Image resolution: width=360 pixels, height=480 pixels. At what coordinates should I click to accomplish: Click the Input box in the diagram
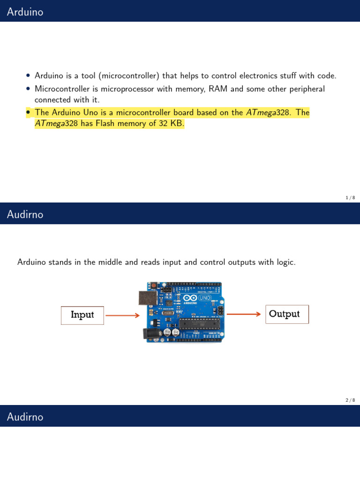[82, 315]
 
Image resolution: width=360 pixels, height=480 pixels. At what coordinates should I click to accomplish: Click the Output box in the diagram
[287, 314]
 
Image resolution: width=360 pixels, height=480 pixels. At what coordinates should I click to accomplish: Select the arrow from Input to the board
[122, 315]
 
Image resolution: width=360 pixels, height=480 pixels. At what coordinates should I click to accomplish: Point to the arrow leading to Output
[243, 315]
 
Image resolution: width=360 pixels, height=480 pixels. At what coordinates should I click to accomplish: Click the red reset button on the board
[153, 285]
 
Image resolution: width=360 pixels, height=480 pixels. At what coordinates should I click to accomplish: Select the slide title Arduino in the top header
[25, 12]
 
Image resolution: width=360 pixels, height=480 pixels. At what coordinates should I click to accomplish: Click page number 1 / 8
[350, 198]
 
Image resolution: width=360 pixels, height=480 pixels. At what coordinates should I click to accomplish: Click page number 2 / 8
[350, 400]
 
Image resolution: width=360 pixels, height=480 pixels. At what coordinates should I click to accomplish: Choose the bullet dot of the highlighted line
[29, 112]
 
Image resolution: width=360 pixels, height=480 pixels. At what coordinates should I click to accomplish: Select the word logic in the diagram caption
[285, 262]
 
